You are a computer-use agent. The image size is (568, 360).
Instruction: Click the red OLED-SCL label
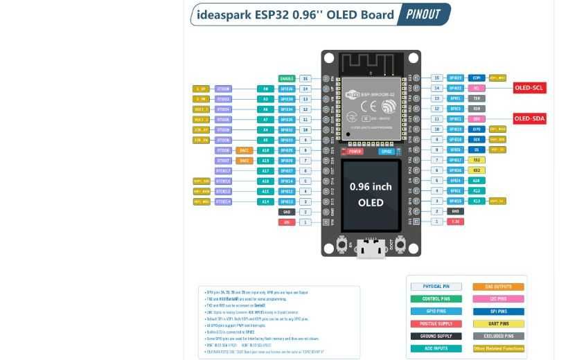(530, 88)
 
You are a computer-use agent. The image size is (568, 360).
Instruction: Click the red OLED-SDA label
(530, 118)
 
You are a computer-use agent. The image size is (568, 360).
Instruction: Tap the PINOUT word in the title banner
(423, 15)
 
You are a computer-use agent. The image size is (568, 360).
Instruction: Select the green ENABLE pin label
(286, 79)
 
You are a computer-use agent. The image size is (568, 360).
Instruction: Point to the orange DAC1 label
(245, 150)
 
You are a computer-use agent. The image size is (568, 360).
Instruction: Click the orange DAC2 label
(245, 161)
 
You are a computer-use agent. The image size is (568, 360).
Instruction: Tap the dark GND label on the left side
(287, 212)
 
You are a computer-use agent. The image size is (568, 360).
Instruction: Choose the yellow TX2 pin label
(477, 160)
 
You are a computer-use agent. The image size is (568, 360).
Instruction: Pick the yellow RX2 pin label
(477, 170)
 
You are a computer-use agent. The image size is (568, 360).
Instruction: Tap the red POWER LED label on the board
(355, 151)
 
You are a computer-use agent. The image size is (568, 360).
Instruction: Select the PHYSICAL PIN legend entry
(436, 287)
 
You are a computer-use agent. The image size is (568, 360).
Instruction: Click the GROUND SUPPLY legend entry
(436, 336)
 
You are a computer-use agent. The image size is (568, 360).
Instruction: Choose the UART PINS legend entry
(498, 324)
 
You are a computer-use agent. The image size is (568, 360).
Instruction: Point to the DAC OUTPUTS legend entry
(498, 287)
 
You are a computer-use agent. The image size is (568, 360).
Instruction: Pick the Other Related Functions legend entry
(498, 349)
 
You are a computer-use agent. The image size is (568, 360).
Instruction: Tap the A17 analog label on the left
(265, 171)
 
